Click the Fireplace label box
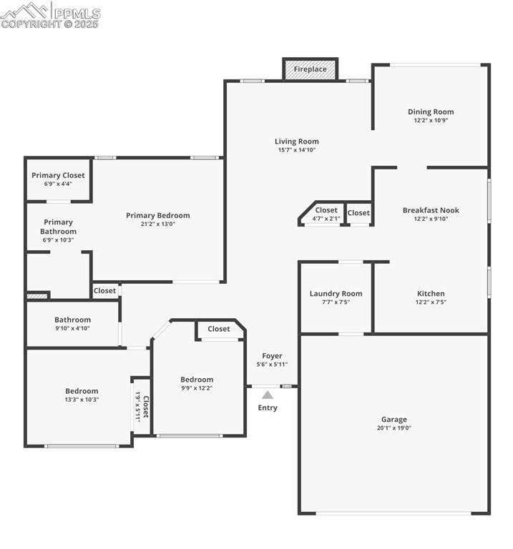point(311,69)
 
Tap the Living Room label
point(296,142)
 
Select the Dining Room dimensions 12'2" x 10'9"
point(431,121)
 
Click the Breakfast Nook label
point(431,210)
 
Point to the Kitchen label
point(431,293)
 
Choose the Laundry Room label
point(336,293)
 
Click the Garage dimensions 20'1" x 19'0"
point(394,428)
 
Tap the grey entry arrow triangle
point(267,394)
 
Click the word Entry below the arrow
point(268,408)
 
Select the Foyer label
point(272,356)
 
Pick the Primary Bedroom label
point(158,215)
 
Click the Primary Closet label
point(58,175)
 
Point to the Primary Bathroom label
point(58,227)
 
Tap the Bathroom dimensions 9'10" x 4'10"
point(72,328)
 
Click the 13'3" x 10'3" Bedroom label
point(82,391)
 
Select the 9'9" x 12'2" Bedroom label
point(197,380)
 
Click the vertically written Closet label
point(146,405)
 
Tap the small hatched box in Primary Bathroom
point(37,295)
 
